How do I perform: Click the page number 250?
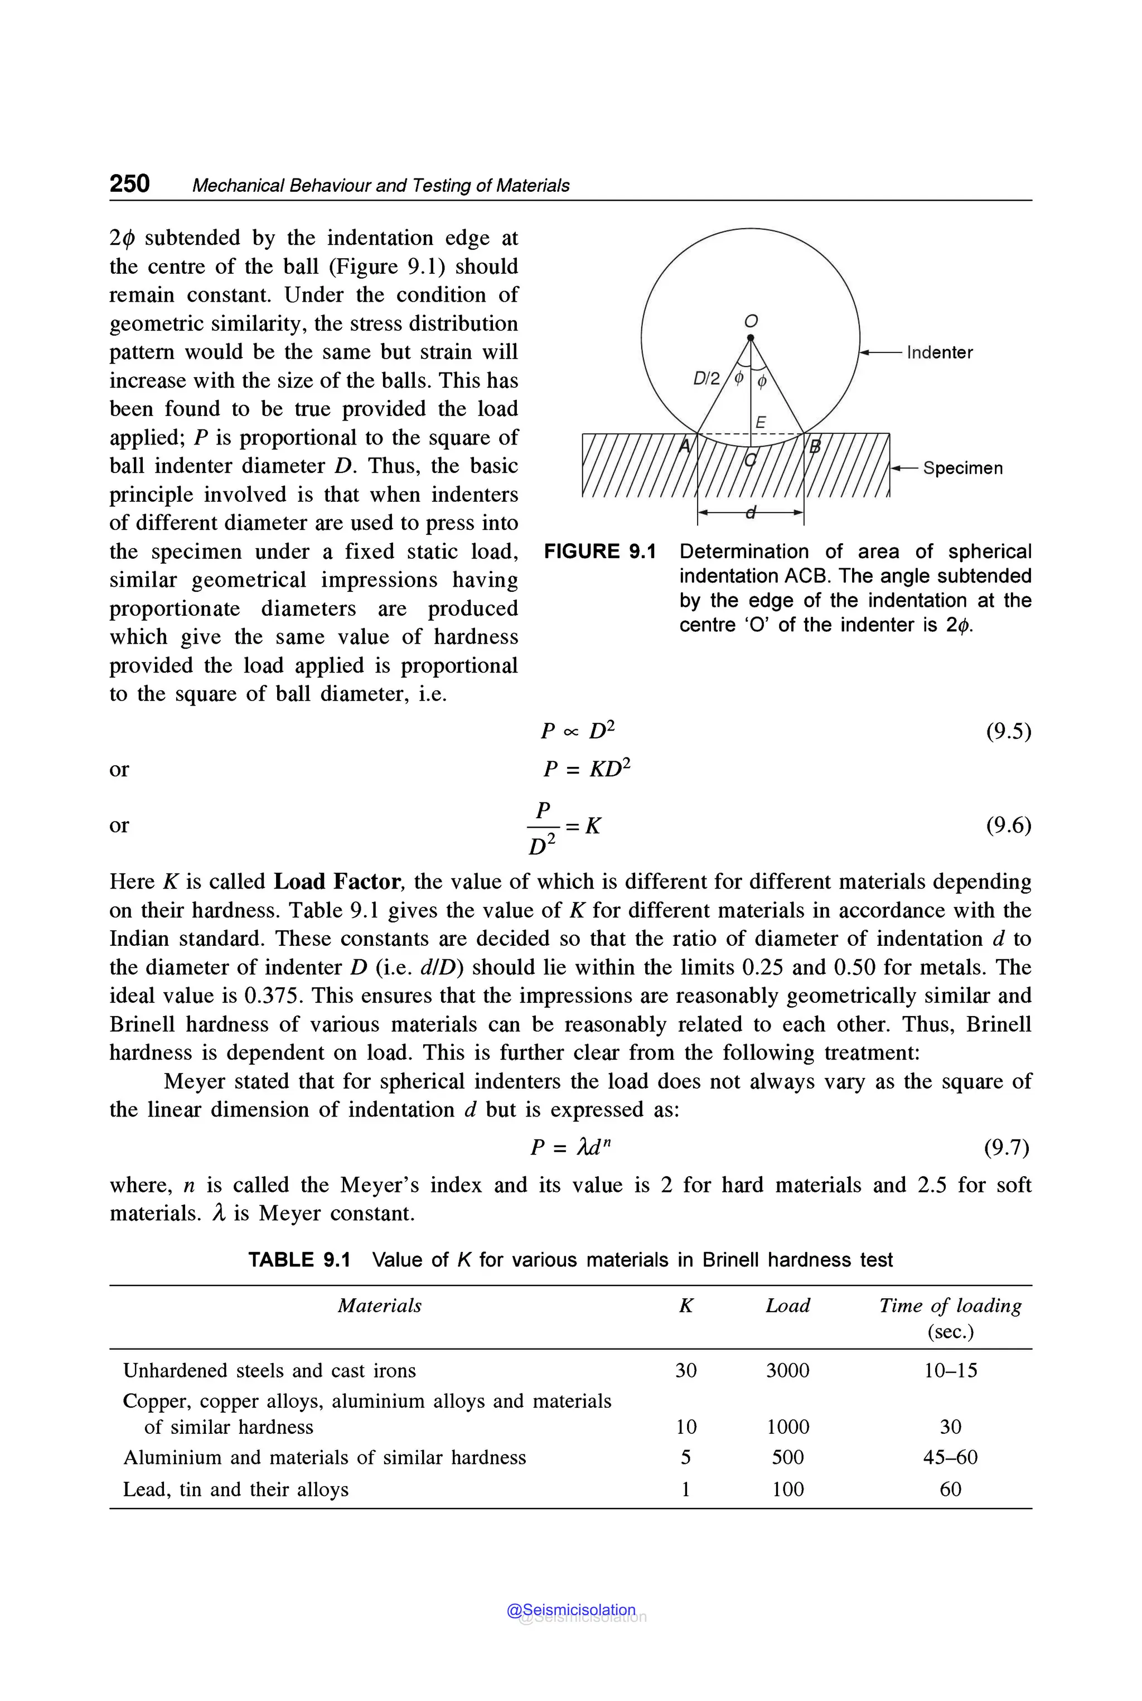click(129, 183)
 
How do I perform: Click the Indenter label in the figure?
click(939, 352)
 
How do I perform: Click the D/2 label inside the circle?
click(706, 378)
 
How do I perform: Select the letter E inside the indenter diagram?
click(761, 422)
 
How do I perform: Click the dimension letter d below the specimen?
click(751, 513)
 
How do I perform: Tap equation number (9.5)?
click(1008, 731)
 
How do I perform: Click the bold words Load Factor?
click(336, 882)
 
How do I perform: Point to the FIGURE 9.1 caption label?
click(599, 552)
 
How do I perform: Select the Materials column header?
click(379, 1306)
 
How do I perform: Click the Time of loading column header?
click(950, 1306)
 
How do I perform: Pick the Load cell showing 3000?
click(787, 1370)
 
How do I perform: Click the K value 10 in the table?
click(685, 1427)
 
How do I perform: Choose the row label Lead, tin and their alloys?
click(235, 1489)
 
